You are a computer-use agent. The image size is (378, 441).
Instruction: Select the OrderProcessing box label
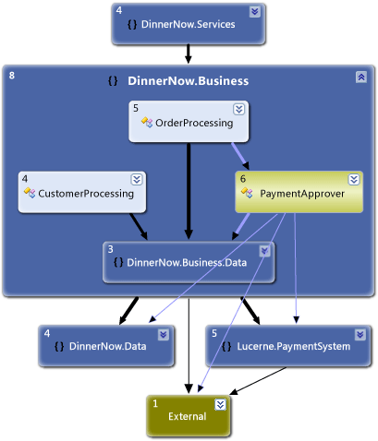(194, 122)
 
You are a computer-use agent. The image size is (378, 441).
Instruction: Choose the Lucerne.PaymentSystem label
(295, 347)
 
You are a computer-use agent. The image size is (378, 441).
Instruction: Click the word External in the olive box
(188, 417)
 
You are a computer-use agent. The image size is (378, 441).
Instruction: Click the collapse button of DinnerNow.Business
(360, 77)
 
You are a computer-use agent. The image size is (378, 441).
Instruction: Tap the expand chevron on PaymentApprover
(354, 179)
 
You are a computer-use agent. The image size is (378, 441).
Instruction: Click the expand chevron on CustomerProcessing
(137, 179)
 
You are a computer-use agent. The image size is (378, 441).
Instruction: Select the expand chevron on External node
(220, 404)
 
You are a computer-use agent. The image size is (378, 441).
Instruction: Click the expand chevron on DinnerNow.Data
(164, 334)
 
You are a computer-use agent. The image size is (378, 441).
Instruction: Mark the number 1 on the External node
(155, 403)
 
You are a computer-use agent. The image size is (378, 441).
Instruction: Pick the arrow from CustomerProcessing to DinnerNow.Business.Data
(137, 224)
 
